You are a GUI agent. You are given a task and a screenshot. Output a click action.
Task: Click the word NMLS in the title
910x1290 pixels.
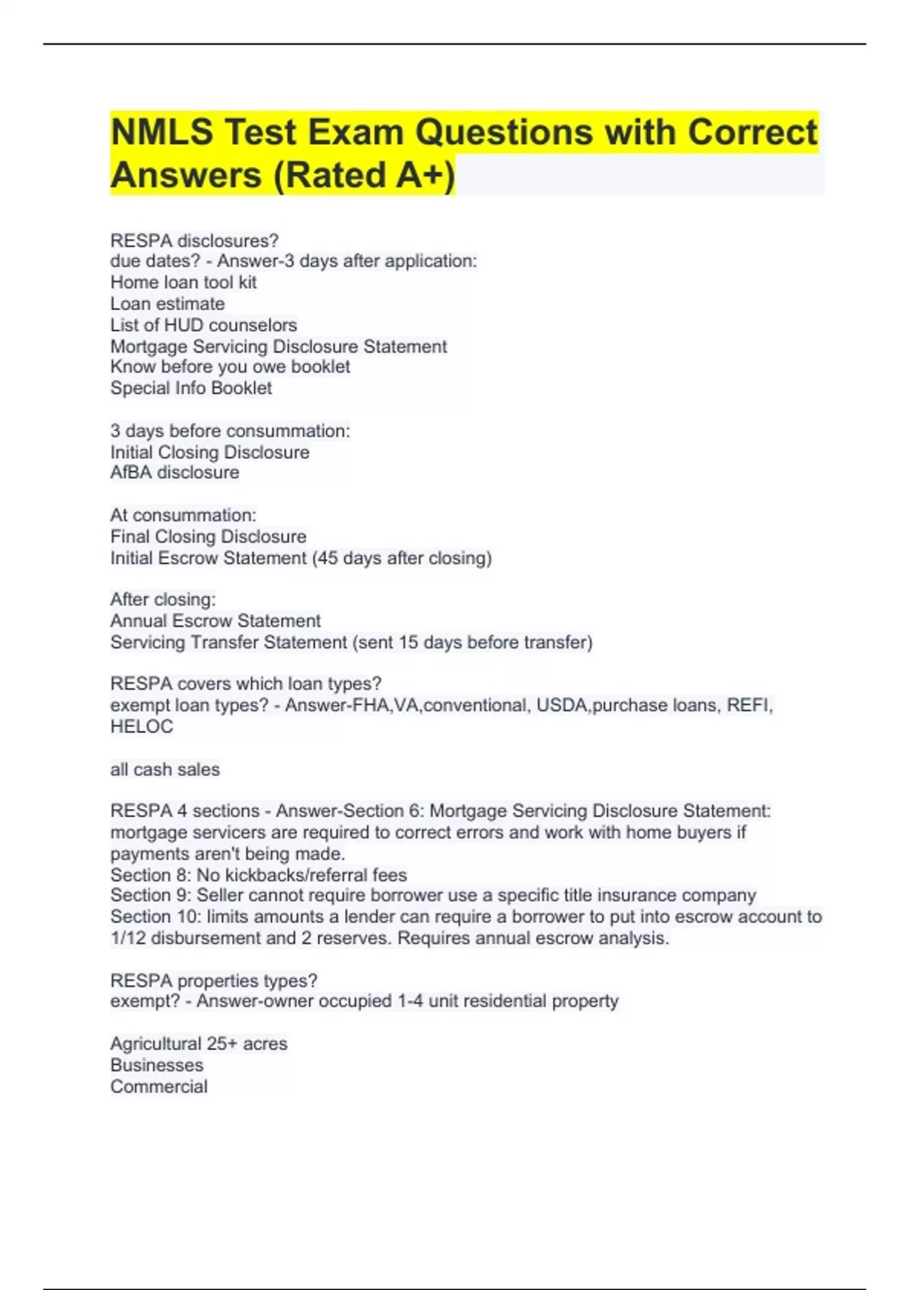pyautogui.click(x=162, y=133)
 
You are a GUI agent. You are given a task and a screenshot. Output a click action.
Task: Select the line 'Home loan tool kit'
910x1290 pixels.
pyautogui.click(x=184, y=282)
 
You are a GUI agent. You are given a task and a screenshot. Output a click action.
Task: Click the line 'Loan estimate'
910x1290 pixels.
pyautogui.click(x=168, y=304)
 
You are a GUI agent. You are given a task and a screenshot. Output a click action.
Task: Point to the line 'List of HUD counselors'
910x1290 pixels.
pyautogui.click(x=203, y=325)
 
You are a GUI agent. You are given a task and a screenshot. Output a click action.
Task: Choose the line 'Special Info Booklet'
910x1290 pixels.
pyautogui.click(x=191, y=388)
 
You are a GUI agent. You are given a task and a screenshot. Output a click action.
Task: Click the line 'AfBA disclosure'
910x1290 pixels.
pyautogui.click(x=174, y=472)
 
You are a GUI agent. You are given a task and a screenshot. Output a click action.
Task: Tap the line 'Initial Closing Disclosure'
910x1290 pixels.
pyautogui.click(x=210, y=452)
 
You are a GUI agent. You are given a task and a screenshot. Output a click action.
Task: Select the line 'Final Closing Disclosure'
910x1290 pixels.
pyautogui.click(x=209, y=536)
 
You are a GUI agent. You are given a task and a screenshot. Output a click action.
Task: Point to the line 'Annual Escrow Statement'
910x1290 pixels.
pyautogui.click(x=215, y=621)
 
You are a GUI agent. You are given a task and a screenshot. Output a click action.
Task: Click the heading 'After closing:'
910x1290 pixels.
pyautogui.click(x=163, y=599)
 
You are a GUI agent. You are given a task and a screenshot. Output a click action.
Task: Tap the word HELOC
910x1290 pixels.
pyautogui.click(x=142, y=726)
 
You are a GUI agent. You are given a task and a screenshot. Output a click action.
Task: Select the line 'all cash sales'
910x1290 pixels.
pyautogui.click(x=165, y=769)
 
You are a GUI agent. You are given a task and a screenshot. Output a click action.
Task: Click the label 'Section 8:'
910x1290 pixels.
pyautogui.click(x=151, y=875)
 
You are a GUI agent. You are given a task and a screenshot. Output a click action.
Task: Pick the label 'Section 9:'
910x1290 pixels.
pyautogui.click(x=151, y=895)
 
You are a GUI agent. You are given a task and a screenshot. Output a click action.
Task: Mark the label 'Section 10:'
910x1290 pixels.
pyautogui.click(x=155, y=917)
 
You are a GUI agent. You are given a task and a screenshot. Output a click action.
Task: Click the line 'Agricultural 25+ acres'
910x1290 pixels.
pyautogui.click(x=199, y=1044)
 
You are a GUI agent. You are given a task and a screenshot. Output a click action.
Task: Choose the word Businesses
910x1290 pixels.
pyautogui.click(x=157, y=1065)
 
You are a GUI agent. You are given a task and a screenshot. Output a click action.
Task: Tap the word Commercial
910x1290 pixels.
pyautogui.click(x=158, y=1087)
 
